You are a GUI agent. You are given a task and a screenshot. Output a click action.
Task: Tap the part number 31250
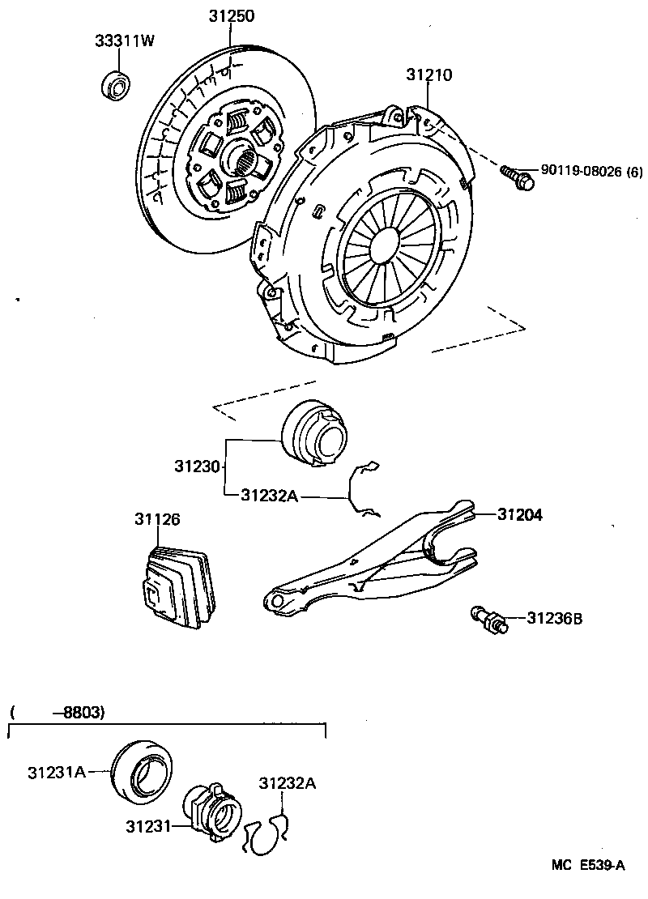(229, 15)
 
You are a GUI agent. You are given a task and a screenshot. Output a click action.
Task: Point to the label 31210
(428, 75)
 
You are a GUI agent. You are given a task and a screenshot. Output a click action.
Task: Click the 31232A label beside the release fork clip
(269, 496)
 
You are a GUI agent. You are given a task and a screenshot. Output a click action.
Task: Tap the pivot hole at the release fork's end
(277, 602)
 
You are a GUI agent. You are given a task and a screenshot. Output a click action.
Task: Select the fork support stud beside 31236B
(488, 620)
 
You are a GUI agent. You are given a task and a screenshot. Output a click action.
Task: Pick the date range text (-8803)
(58, 713)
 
